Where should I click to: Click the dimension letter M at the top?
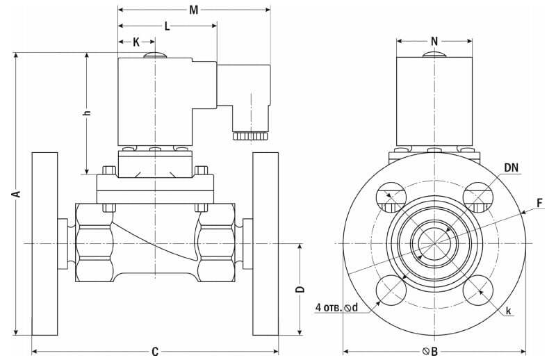195,10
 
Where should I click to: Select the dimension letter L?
167,26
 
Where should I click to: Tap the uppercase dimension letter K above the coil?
136,42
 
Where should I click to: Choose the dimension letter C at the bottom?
155,352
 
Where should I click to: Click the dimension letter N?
434,41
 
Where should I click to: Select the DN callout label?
512,167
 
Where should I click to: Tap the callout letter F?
539,204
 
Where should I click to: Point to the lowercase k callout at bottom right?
509,311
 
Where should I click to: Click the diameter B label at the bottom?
430,352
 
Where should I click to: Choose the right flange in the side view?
265,243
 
